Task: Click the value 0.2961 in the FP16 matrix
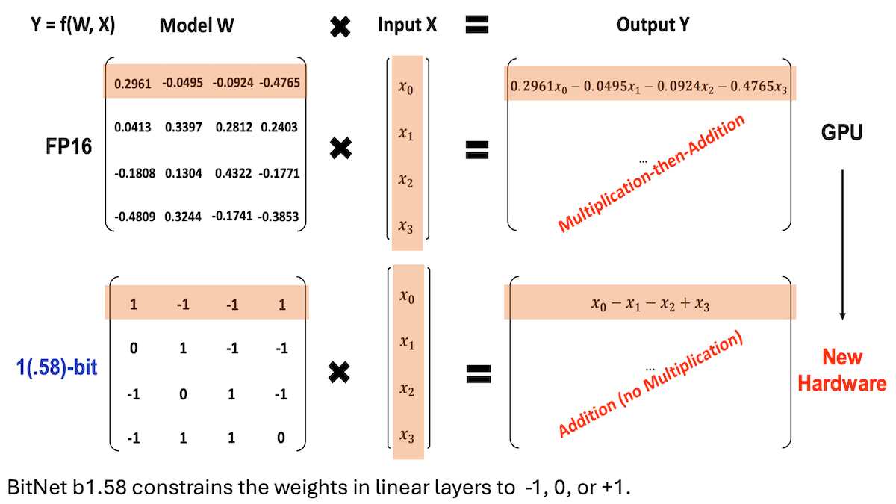134,82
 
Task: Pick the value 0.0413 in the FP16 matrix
133,128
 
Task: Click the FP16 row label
67,146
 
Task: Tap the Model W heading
196,25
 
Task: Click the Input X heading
407,25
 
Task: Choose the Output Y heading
653,25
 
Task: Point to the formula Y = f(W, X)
73,25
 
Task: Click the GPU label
841,134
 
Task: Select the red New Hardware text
842,370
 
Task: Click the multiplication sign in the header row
340,26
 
